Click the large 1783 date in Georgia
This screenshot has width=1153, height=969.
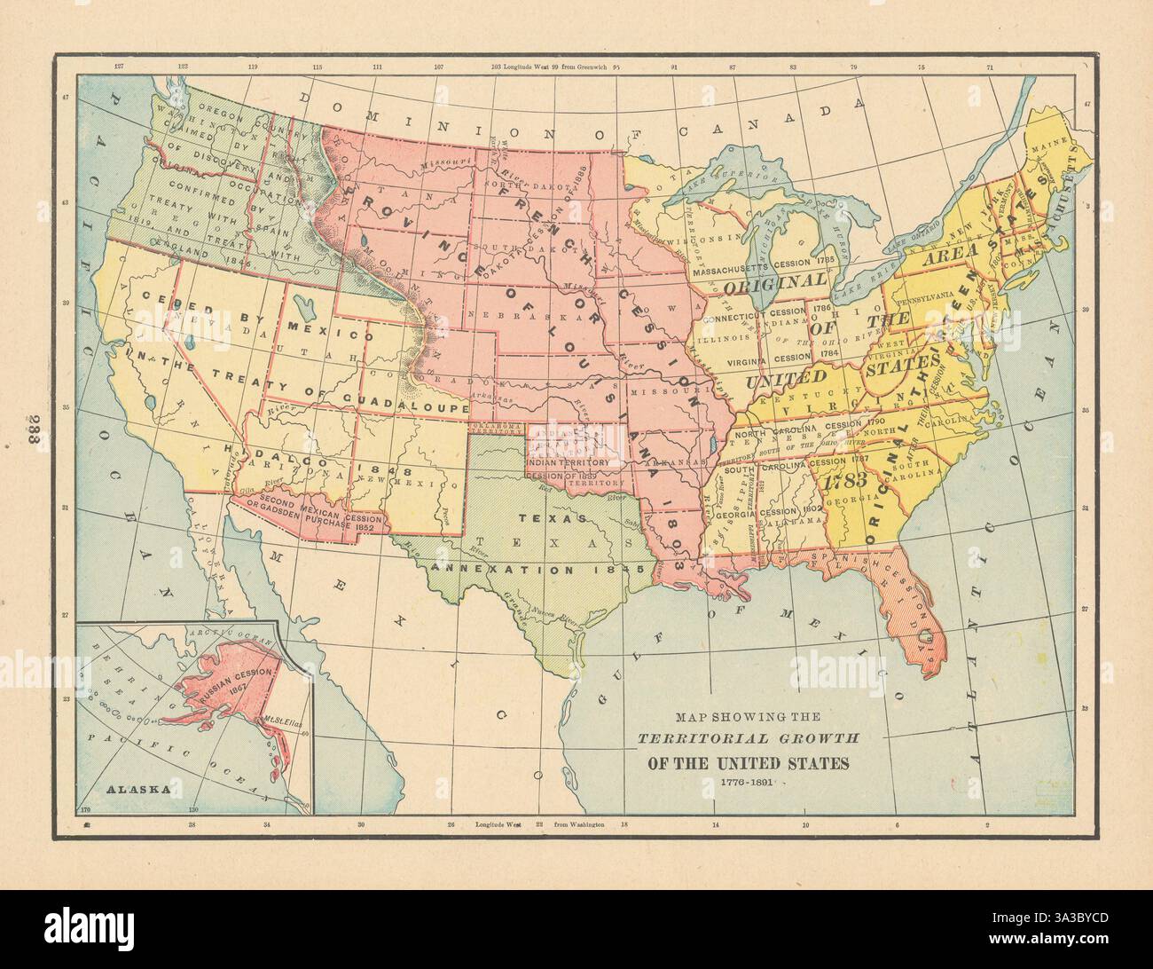click(845, 484)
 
